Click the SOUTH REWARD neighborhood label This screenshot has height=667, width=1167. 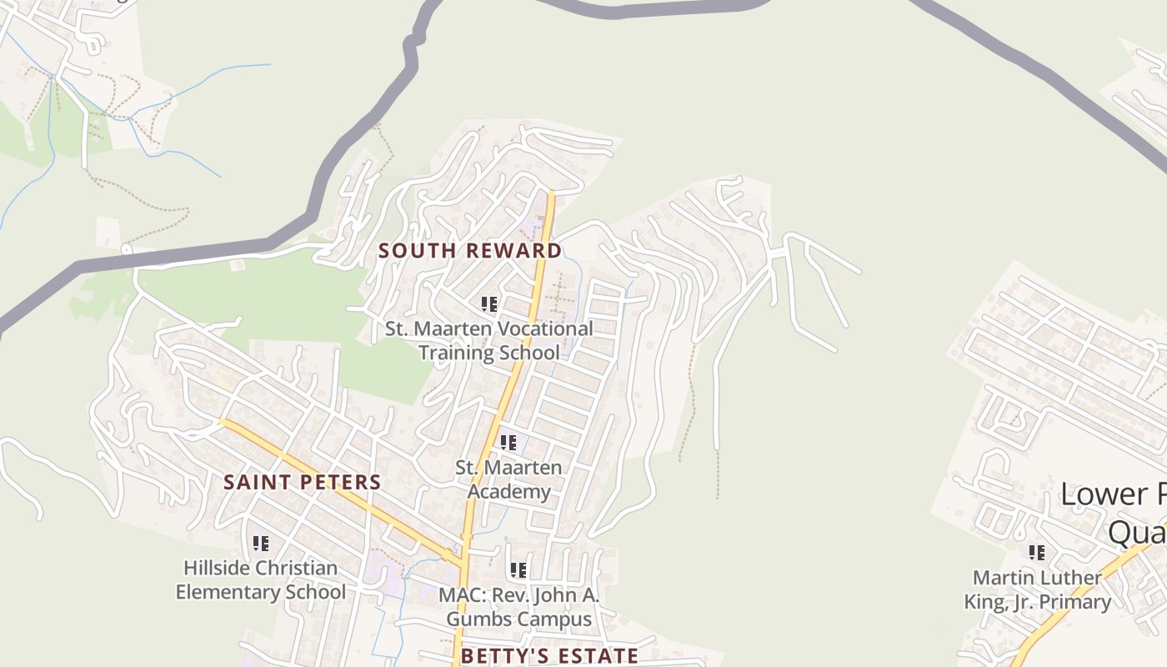point(469,251)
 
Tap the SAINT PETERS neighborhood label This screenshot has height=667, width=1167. point(303,482)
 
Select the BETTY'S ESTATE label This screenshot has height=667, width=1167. point(549,655)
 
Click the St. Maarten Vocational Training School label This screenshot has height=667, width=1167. point(489,340)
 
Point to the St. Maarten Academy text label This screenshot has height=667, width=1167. point(508,479)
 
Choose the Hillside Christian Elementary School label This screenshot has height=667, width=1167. point(261,580)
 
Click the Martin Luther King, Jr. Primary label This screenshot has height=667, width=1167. point(1038,589)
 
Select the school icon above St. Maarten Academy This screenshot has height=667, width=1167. point(508,443)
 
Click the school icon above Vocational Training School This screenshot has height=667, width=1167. point(489,304)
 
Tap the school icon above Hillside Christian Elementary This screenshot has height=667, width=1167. point(261,544)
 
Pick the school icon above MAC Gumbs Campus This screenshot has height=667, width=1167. point(518,570)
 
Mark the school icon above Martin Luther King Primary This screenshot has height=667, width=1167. point(1037,552)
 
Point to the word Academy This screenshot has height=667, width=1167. point(508,491)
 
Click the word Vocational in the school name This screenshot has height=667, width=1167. point(542,328)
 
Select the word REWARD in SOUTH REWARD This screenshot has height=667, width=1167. point(513,251)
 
